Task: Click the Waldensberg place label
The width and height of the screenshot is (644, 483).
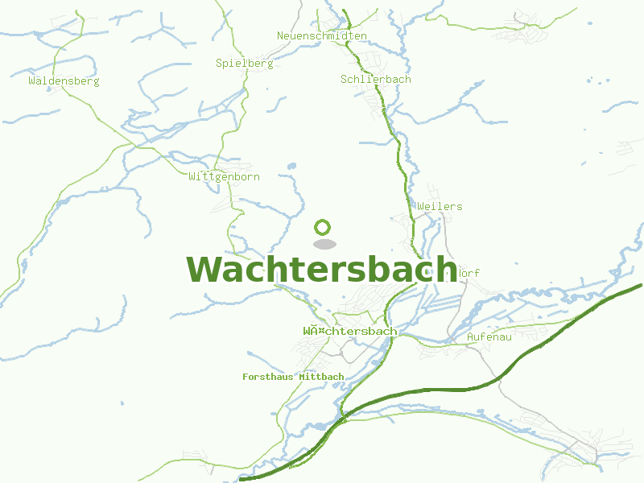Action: (x=64, y=80)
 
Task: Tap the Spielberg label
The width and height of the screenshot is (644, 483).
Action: (x=245, y=63)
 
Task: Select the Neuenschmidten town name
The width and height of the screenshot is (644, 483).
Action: (x=322, y=36)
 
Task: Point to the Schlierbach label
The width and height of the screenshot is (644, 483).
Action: (x=376, y=79)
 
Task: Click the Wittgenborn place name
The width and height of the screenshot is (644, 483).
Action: (x=224, y=176)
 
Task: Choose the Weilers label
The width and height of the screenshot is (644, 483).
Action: (x=440, y=206)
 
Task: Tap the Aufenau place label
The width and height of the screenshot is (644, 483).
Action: (x=489, y=336)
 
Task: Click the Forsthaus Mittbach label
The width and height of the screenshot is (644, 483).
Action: (x=293, y=377)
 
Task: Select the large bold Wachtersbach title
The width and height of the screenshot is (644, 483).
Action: (x=322, y=270)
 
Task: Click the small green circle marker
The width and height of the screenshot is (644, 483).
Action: (x=324, y=227)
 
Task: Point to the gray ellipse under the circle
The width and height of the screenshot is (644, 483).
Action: (x=324, y=243)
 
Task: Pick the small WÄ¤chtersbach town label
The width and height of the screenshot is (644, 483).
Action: (x=350, y=331)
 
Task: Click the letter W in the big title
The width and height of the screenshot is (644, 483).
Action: (x=204, y=270)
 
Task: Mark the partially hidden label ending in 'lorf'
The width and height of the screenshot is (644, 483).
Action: (x=465, y=273)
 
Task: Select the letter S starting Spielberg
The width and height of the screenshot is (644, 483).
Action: (x=220, y=63)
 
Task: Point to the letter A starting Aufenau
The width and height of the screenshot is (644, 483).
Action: (x=471, y=336)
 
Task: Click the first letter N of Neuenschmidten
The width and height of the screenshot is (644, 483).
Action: (x=281, y=36)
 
